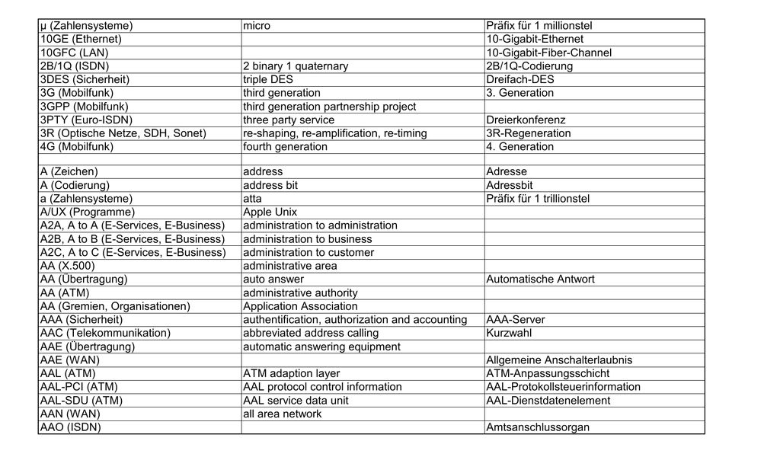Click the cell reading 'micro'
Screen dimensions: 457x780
(257, 26)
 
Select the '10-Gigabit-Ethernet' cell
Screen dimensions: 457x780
(535, 39)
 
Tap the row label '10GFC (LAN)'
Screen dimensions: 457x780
(74, 53)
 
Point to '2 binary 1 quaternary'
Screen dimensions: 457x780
(296, 66)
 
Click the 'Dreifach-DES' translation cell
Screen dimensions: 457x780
(519, 79)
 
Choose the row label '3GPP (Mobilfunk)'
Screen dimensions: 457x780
(84, 107)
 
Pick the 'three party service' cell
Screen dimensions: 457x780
(289, 120)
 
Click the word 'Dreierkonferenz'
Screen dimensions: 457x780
(525, 120)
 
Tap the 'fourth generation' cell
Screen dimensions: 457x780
(285, 147)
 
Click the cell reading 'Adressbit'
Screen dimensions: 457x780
(510, 185)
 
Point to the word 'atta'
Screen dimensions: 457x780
(252, 199)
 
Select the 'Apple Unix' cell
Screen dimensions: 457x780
(270, 212)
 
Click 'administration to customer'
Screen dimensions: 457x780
(308, 252)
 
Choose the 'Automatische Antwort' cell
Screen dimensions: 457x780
(540, 280)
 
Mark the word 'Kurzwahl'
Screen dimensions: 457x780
(510, 333)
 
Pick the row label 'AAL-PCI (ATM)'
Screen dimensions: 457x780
(78, 387)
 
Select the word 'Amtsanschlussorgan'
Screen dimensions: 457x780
(538, 427)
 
